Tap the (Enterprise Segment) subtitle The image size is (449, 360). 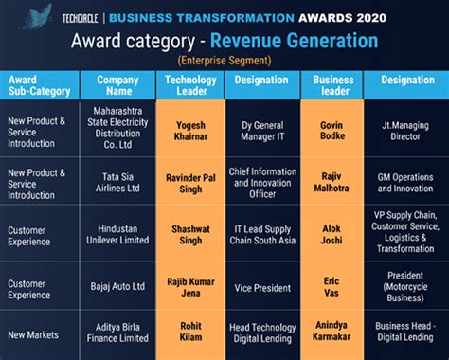point(225,60)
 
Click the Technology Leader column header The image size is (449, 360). point(189,86)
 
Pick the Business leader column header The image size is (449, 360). point(333,86)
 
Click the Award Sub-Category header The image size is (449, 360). point(39,86)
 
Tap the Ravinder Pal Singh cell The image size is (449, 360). point(189,182)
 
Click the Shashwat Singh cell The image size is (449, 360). point(189,235)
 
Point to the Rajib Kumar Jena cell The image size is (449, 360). point(189,286)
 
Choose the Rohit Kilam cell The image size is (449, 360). point(189,333)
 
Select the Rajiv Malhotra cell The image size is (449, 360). point(333,182)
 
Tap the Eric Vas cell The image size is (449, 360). point(333,286)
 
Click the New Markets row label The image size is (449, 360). point(34,333)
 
